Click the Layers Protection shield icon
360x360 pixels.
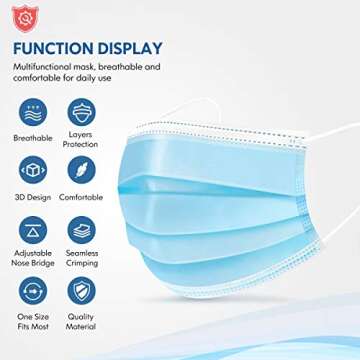pos(80,109)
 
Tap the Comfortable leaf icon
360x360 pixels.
pos(80,167)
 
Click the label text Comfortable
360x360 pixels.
pos(80,196)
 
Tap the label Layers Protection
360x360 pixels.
pos(80,137)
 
